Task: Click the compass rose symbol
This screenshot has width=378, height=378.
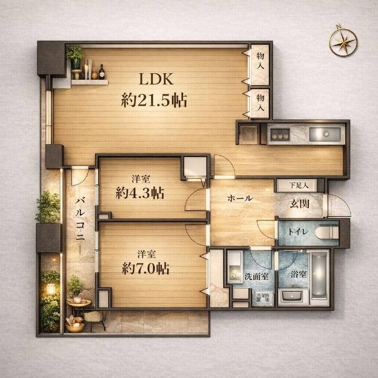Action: (343, 41)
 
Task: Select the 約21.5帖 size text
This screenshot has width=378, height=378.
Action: (154, 100)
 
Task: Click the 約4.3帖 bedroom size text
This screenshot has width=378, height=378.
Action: (140, 193)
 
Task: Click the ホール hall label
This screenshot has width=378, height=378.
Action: (240, 198)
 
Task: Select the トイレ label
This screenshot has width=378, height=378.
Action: (296, 232)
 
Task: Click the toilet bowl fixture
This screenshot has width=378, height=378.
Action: (327, 233)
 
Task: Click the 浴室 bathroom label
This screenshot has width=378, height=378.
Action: (298, 274)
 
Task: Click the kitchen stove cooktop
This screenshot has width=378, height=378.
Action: (278, 134)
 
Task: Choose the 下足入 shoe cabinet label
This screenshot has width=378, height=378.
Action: (299, 185)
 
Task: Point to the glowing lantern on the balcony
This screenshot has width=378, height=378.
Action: (51, 289)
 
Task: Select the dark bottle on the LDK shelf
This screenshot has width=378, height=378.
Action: (102, 72)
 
